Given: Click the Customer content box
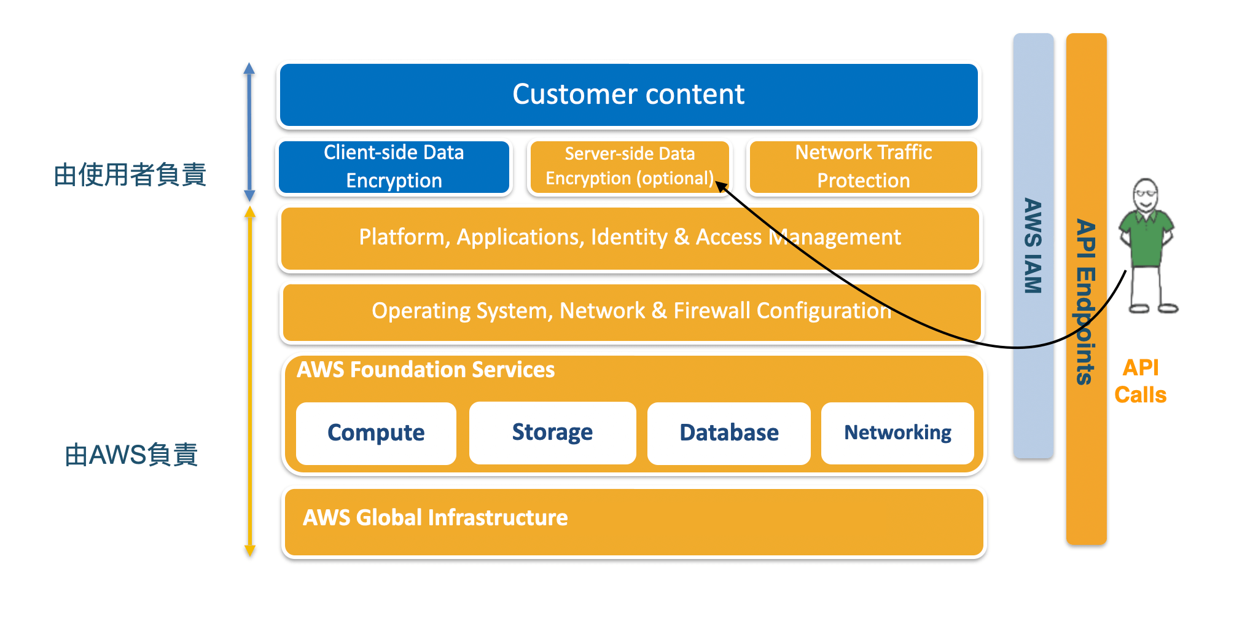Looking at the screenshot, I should coord(628,95).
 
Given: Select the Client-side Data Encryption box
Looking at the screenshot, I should coord(394,166).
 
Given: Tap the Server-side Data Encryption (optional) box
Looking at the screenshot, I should coord(628,166).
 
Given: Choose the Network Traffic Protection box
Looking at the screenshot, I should coord(863,166).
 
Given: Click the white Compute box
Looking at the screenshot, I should coord(376,433).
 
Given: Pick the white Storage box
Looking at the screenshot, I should coord(552,432).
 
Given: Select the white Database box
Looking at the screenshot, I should coord(729,433).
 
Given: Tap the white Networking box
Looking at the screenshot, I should coord(897,433).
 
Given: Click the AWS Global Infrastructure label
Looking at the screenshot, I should coord(435,518).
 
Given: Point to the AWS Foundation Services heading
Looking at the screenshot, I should coord(426,370).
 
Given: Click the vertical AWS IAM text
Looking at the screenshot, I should coord(1033,246).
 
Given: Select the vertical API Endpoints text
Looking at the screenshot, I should coord(1086,301).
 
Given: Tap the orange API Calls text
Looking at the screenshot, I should coord(1140,381).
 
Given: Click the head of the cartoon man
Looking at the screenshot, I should coord(1146,195).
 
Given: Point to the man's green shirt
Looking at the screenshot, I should coord(1146,240).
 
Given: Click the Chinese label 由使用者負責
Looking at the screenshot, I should coord(130,175).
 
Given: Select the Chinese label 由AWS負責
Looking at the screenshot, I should coord(131,455).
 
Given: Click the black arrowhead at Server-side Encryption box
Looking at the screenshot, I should coord(721,186).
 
